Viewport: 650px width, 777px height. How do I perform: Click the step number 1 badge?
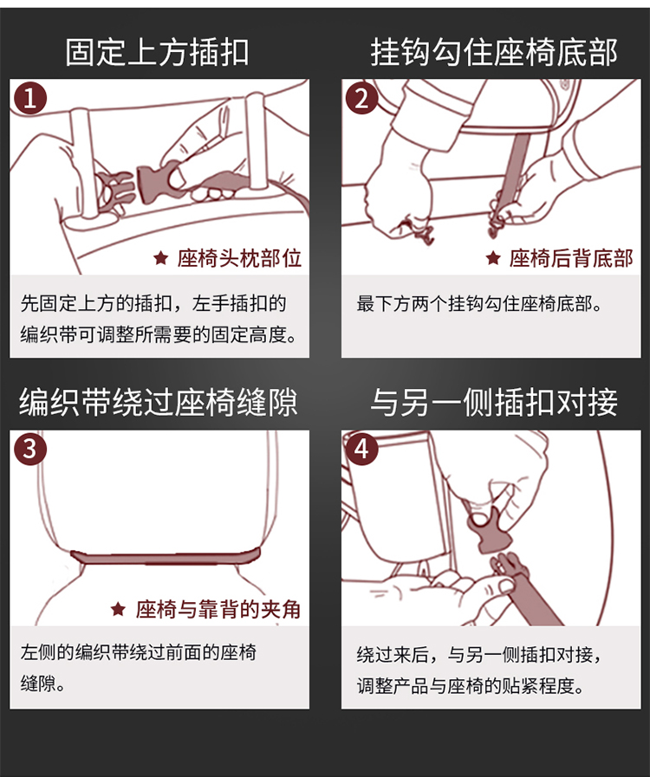pyautogui.click(x=30, y=98)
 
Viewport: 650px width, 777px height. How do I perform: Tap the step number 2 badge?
pyautogui.click(x=362, y=98)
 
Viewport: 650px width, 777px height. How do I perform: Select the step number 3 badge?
pyautogui.click(x=30, y=449)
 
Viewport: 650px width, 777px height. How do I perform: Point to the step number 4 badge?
pyautogui.click(x=362, y=449)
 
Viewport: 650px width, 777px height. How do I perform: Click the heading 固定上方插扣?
pyautogui.click(x=157, y=52)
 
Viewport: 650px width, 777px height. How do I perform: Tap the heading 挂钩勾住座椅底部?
pyautogui.click(x=494, y=52)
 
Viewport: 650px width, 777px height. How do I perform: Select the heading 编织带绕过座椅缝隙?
pyautogui.click(x=158, y=402)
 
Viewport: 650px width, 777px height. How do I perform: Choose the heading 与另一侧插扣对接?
pyautogui.click(x=494, y=402)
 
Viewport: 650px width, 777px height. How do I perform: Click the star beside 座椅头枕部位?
pyautogui.click(x=160, y=257)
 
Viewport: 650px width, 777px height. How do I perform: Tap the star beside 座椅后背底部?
pyautogui.click(x=493, y=257)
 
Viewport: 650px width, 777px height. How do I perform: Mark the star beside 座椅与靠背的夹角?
pyautogui.click(x=118, y=608)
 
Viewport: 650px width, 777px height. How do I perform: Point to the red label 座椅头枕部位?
pyautogui.click(x=239, y=258)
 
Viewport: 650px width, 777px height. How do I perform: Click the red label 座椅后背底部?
pyautogui.click(x=571, y=258)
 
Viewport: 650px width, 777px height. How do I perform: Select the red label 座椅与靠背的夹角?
pyautogui.click(x=218, y=609)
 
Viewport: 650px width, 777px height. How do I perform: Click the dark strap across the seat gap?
pyautogui.click(x=166, y=558)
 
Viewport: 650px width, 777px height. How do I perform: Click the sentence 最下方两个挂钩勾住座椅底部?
pyautogui.click(x=479, y=304)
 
